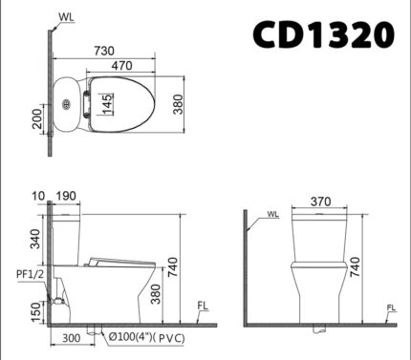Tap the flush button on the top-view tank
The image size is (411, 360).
tap(66, 104)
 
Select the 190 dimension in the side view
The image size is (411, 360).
tap(65, 196)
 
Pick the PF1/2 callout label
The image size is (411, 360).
tap(28, 274)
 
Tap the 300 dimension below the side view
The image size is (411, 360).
tap(71, 337)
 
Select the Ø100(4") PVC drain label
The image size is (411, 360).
tap(146, 337)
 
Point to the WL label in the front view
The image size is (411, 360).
tap(273, 214)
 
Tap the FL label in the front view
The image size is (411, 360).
tap(391, 307)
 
